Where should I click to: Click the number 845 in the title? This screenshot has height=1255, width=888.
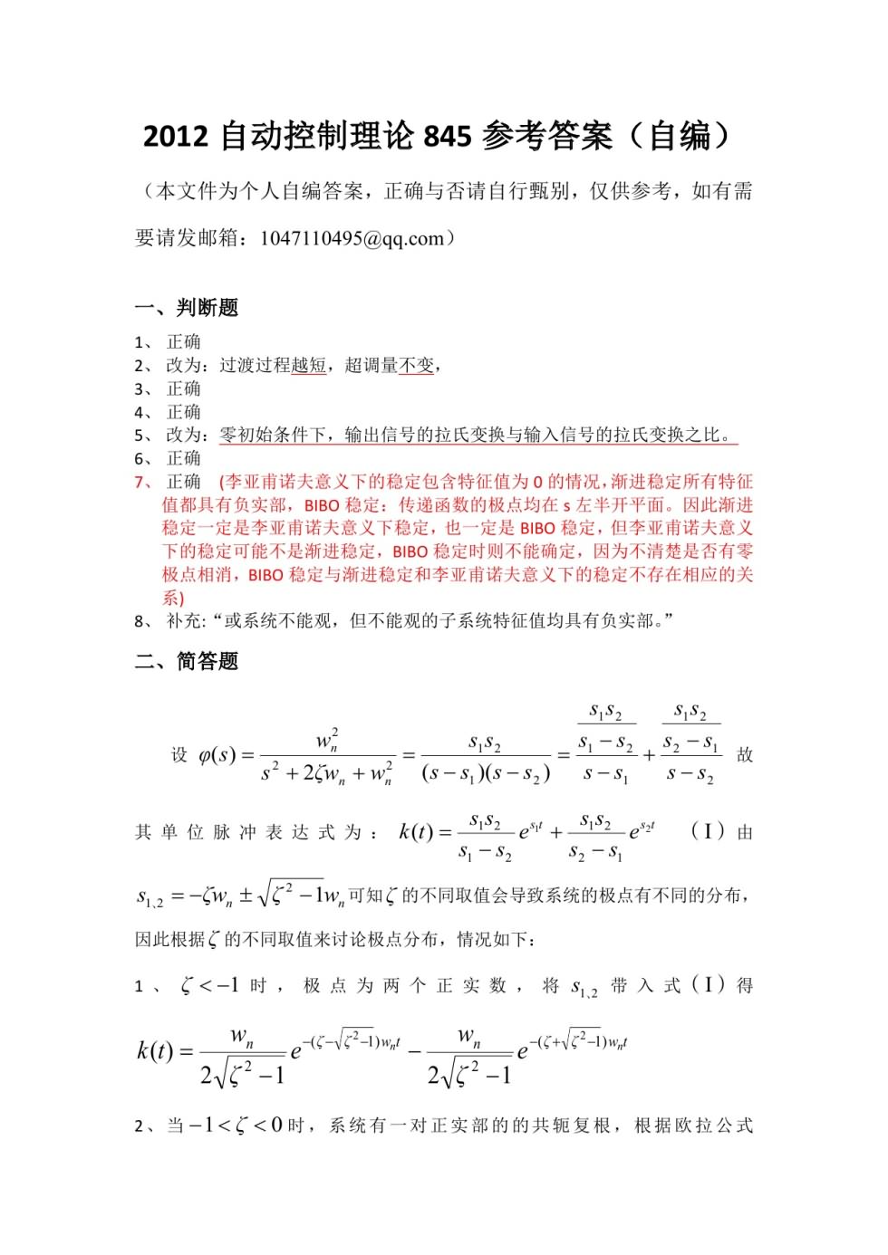click(x=447, y=136)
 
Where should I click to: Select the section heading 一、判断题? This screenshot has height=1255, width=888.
click(x=187, y=308)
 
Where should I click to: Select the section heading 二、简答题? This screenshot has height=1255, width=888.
click(x=187, y=661)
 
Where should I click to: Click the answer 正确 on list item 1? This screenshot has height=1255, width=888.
click(x=184, y=342)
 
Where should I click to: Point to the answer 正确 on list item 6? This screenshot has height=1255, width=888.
click(x=184, y=458)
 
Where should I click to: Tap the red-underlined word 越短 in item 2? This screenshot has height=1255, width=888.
click(x=309, y=365)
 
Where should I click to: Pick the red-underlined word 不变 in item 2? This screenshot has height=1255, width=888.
click(x=417, y=365)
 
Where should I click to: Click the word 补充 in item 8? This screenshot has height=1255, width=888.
click(x=185, y=620)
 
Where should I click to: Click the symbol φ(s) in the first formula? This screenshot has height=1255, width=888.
click(x=217, y=754)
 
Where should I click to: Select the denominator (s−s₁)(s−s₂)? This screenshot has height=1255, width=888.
click(x=486, y=773)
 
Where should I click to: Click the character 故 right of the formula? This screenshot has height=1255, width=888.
click(x=745, y=754)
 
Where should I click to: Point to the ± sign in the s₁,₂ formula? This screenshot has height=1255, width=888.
click(x=246, y=896)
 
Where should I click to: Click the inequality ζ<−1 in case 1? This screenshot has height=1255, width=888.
click(x=209, y=985)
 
